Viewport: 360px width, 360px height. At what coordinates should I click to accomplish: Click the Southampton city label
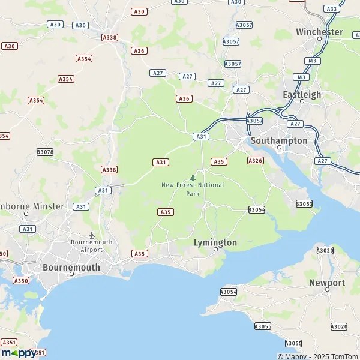(278, 140)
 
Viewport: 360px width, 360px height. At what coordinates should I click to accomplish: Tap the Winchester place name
(319, 32)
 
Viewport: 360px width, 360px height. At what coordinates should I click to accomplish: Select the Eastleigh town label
(302, 94)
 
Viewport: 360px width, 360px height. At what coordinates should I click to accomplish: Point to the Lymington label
(215, 242)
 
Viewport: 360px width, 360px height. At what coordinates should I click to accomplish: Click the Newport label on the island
(327, 283)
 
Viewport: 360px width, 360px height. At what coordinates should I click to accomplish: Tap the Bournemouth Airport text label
(92, 245)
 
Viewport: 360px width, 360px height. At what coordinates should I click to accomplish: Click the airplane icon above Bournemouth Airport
(92, 235)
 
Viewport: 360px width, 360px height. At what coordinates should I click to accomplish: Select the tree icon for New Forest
(193, 178)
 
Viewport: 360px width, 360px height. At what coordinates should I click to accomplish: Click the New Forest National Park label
(193, 189)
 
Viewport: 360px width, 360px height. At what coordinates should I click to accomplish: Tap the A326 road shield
(256, 161)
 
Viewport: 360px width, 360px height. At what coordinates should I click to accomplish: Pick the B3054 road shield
(257, 209)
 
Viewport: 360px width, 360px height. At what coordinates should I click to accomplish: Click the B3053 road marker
(304, 204)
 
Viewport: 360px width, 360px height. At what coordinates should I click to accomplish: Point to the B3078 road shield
(45, 152)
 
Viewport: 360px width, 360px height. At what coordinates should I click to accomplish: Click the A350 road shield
(21, 281)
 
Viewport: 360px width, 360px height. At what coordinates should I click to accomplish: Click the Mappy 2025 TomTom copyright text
(318, 356)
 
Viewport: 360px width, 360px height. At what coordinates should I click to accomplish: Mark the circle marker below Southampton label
(279, 148)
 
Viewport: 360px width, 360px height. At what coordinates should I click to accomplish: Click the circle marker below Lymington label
(216, 250)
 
